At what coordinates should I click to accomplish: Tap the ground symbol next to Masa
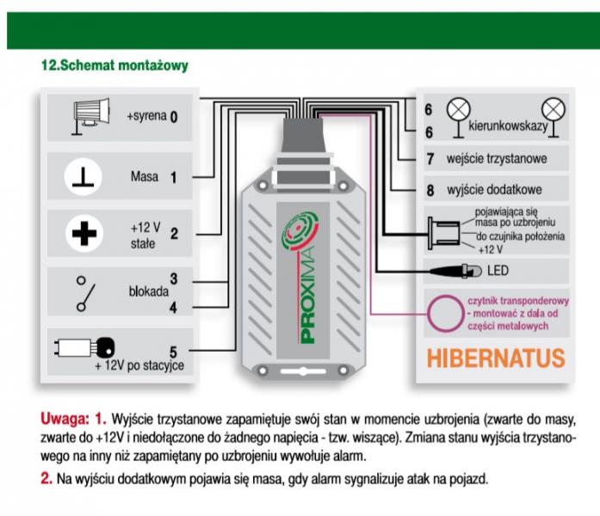(83, 177)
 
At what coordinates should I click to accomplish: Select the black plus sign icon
(84, 233)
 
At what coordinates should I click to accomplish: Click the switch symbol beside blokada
(86, 293)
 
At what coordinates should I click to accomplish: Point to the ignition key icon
(84, 347)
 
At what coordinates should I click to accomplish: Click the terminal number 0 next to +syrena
(174, 117)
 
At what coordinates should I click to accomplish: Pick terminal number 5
(173, 352)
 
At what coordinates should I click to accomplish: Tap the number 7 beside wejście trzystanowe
(430, 158)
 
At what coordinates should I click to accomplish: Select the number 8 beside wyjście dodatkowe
(430, 190)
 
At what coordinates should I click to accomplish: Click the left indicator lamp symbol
(459, 117)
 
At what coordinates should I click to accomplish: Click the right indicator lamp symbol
(554, 117)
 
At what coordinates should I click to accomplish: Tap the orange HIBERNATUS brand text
(496, 358)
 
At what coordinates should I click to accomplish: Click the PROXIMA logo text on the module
(307, 294)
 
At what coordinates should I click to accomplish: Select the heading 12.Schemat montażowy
(114, 65)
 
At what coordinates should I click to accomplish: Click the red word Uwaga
(65, 419)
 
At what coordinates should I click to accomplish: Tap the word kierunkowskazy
(508, 126)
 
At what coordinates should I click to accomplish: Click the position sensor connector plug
(444, 233)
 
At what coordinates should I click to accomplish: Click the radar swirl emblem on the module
(300, 230)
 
